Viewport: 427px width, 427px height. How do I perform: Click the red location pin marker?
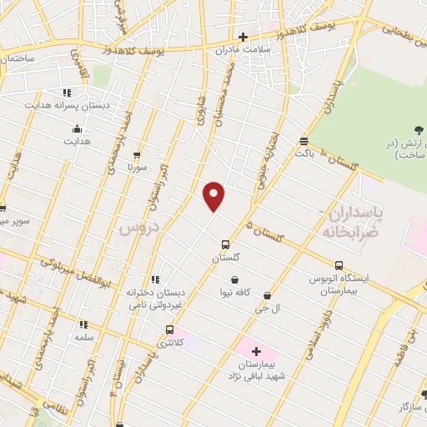pos(214,195)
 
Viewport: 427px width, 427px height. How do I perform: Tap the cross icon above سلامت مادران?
pos(243,37)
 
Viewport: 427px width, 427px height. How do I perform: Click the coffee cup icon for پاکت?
pos(303,141)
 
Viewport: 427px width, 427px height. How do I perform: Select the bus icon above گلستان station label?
pos(226,245)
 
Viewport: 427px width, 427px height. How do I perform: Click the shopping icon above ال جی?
pos(267,295)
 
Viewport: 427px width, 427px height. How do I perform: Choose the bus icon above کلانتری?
pos(170,329)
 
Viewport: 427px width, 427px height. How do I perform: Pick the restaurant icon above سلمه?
pos(83,324)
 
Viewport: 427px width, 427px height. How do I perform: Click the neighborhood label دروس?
pos(132,227)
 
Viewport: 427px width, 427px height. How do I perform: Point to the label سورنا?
pos(137,168)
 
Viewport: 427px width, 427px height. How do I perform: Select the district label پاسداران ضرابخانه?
pos(350,222)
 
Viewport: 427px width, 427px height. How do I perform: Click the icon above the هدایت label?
pos(77,128)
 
